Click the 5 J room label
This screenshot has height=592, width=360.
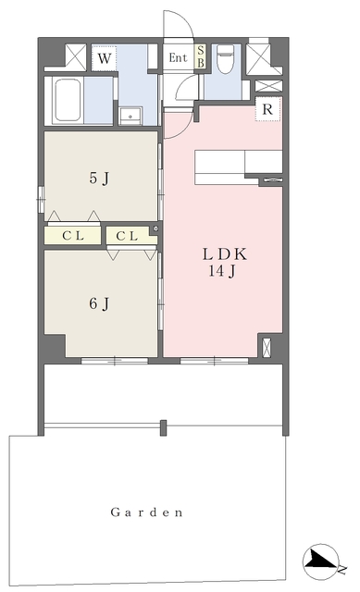99,179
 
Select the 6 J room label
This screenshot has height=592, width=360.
99,303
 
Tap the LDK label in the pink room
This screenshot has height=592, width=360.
225,254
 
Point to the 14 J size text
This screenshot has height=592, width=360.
222,271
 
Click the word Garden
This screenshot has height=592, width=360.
146,512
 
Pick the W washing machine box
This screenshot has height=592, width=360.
105,58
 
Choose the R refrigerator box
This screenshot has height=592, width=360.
267,109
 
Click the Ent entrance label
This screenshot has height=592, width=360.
178,57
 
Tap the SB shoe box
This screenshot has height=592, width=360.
201,56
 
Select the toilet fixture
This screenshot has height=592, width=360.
226,58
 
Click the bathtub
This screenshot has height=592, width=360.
68,100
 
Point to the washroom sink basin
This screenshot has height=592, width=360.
130,116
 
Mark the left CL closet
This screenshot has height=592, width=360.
72,236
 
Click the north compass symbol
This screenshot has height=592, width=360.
321,562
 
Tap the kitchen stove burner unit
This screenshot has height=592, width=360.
271,180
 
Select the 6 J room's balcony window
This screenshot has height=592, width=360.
115,361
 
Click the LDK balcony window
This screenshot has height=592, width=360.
214,361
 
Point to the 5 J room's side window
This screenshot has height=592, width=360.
41,199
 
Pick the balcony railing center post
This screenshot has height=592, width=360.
163,427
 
